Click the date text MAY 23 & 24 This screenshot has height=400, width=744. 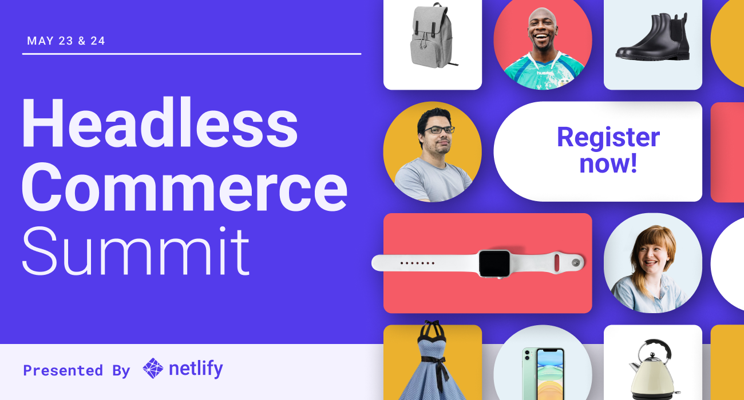click(66, 41)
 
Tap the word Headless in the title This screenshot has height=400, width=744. click(159, 124)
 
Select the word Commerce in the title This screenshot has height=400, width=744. click(184, 187)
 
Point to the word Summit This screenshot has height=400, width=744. click(136, 252)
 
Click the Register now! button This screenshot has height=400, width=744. click(597, 151)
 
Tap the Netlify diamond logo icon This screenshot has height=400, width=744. click(153, 369)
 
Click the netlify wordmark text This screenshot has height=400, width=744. click(196, 369)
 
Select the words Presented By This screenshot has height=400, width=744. click(77, 370)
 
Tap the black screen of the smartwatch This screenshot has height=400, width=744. click(494, 263)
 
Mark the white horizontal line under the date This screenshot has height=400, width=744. click(192, 54)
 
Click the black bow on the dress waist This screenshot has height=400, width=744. click(440, 361)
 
